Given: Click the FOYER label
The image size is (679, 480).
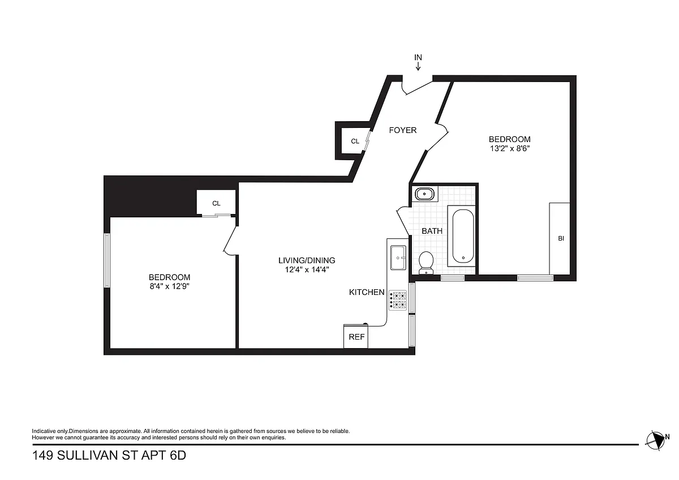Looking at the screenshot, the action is click(x=402, y=130).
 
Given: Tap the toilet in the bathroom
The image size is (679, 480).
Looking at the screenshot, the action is click(x=426, y=263).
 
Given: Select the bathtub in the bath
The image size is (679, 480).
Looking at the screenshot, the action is click(x=463, y=236).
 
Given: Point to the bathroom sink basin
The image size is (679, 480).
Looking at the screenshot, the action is click(x=424, y=194).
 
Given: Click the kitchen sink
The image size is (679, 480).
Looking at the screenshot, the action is click(x=398, y=258).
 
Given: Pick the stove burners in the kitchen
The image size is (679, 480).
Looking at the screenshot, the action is click(x=398, y=300).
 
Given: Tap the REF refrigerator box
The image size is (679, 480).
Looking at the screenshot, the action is click(x=356, y=337).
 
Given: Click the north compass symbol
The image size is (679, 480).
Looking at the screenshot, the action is click(x=656, y=440).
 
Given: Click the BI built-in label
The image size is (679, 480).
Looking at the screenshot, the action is click(x=561, y=238).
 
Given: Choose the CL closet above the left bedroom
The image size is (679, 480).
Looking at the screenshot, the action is click(x=216, y=203).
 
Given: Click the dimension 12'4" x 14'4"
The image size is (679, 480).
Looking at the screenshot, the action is click(x=307, y=269).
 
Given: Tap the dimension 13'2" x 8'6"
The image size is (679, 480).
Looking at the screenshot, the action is click(x=510, y=148).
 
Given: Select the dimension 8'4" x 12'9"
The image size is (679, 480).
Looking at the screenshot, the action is click(x=169, y=286).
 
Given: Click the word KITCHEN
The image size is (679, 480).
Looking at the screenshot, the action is click(x=367, y=292).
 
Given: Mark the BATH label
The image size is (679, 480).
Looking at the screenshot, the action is click(x=432, y=231).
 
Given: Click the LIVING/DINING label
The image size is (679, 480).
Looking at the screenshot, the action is click(x=307, y=260).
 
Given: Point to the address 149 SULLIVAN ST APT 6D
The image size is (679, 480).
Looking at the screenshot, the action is click(x=109, y=456).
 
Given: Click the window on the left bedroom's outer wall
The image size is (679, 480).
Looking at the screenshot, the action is click(x=107, y=260).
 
